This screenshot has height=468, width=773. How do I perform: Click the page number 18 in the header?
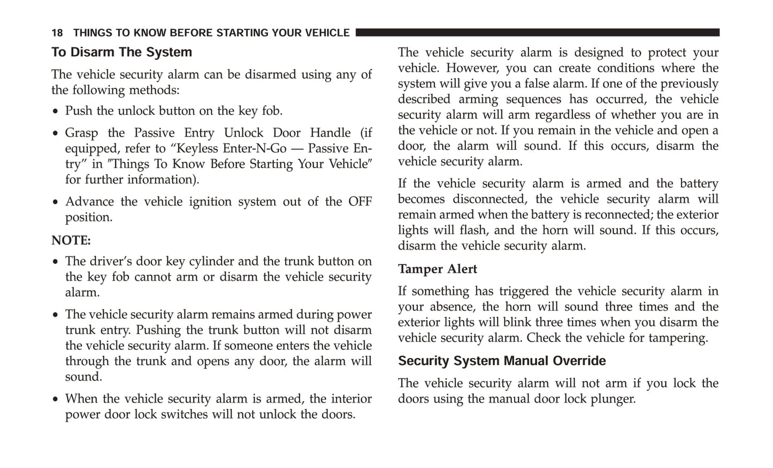pyautogui.click(x=57, y=33)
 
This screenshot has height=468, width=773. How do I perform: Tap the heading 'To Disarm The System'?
pyautogui.click(x=121, y=52)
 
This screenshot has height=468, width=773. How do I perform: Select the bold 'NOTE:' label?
pyautogui.click(x=71, y=241)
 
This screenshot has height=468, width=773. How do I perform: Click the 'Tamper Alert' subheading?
pyautogui.click(x=437, y=269)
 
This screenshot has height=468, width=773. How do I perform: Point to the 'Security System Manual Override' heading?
pyautogui.click(x=501, y=361)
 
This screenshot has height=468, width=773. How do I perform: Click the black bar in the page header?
pyautogui.click(x=537, y=33)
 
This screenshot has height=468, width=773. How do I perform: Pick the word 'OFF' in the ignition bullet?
pyautogui.click(x=360, y=202)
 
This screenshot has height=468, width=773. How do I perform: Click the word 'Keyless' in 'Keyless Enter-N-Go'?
pyautogui.click(x=197, y=148)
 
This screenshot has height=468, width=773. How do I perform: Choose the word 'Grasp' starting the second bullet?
pyautogui.click(x=82, y=133)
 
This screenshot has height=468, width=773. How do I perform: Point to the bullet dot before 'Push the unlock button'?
pyautogui.click(x=56, y=112)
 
